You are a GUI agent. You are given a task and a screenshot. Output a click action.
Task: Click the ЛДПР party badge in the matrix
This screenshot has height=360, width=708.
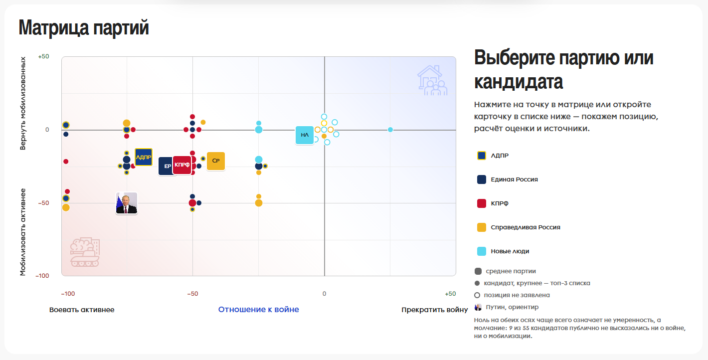click(144, 157)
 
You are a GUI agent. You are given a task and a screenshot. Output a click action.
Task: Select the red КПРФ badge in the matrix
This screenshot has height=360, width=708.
click(182, 165)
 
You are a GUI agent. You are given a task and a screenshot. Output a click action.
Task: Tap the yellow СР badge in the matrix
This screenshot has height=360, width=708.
click(216, 161)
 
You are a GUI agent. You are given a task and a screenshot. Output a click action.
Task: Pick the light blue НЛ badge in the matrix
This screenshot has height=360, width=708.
click(305, 135)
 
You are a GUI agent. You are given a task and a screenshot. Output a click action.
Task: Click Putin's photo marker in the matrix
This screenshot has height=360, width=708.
click(127, 203)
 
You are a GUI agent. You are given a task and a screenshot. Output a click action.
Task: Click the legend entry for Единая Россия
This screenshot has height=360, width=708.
click(507, 180)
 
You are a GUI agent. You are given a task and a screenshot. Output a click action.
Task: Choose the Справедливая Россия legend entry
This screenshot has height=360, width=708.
click(519, 227)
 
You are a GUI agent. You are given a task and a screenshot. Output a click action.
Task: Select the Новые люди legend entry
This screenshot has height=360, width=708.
click(503, 251)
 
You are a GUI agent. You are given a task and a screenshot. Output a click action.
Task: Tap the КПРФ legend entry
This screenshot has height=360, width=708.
click(493, 203)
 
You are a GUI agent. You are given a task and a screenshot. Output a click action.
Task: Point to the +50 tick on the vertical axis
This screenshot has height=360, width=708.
click(43, 56)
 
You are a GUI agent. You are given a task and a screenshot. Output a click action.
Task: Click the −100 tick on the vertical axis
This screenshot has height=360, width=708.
click(42, 276)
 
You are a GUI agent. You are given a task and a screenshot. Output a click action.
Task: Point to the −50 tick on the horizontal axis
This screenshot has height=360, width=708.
click(192, 294)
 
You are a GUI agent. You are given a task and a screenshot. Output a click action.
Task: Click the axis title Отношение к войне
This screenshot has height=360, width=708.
click(259, 310)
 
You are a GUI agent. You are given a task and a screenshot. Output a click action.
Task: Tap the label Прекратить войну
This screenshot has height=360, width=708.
click(435, 310)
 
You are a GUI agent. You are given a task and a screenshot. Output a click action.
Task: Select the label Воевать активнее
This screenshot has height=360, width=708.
click(82, 310)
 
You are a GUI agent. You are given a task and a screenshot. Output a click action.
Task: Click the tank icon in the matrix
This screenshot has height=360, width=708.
click(85, 252)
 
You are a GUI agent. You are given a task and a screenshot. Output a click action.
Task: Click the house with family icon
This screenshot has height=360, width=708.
click(432, 80)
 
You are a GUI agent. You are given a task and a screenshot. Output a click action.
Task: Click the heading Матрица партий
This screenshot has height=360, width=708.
click(84, 27)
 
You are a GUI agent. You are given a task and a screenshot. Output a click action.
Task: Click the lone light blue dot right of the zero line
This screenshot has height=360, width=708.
click(390, 130)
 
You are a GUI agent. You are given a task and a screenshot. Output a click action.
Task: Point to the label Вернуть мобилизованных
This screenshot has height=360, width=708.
click(23, 103)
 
